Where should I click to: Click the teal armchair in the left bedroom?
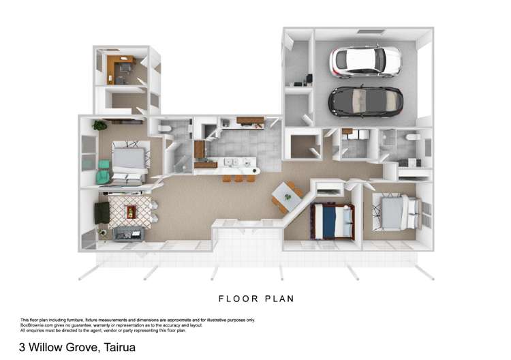[x=103, y=170]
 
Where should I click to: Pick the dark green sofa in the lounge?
[x=102, y=213]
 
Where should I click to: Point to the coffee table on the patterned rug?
[x=130, y=212]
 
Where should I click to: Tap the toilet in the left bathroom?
[x=164, y=130]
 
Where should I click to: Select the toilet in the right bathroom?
[x=413, y=137]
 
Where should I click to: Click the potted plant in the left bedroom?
[x=100, y=125]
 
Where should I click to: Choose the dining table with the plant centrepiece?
[x=285, y=198]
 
